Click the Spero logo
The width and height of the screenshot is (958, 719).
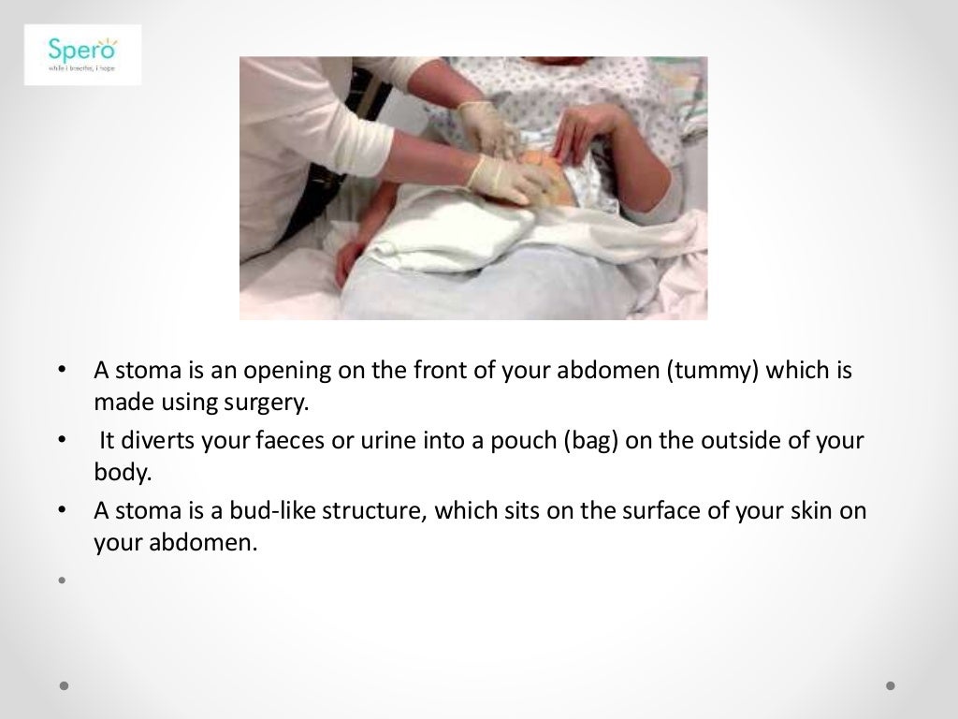click(x=82, y=55)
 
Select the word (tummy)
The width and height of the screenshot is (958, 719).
click(x=710, y=371)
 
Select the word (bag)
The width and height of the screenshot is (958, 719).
click(x=590, y=440)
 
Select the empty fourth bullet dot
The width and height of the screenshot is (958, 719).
click(x=63, y=580)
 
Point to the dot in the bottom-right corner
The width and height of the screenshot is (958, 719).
click(x=891, y=685)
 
